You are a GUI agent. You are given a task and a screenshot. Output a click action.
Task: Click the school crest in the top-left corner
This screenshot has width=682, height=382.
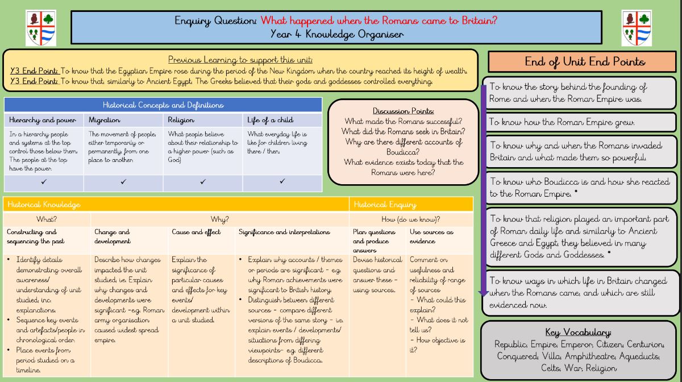click(40, 28)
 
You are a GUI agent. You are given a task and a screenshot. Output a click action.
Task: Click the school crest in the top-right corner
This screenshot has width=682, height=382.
click(637, 28)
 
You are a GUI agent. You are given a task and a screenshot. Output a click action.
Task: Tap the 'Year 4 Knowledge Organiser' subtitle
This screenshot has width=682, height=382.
click(336, 34)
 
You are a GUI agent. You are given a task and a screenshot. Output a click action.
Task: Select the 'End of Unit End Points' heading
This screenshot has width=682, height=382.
click(585, 61)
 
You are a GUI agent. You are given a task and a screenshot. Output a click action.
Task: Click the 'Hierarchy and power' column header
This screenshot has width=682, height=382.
click(43, 121)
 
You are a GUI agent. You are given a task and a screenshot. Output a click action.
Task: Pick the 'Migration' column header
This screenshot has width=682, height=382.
click(105, 121)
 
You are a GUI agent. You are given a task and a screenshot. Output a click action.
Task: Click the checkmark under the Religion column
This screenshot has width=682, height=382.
click(203, 182)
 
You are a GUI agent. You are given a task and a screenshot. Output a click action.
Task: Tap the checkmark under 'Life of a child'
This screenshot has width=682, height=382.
click(282, 182)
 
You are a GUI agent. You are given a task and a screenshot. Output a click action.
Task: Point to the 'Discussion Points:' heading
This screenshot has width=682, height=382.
click(404, 111)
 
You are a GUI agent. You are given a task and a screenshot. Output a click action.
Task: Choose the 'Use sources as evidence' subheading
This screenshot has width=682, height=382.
click(432, 236)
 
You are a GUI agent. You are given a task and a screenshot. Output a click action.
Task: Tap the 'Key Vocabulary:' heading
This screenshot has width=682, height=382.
click(578, 333)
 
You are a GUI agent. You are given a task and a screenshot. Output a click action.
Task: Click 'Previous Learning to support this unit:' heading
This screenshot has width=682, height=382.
click(240, 60)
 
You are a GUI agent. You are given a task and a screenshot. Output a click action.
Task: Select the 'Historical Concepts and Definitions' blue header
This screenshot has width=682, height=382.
click(163, 105)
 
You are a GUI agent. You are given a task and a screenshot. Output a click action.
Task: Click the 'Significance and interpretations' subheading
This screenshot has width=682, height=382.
click(284, 232)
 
